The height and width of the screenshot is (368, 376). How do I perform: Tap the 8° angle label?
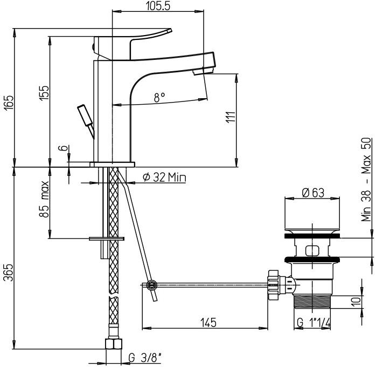tap(159, 97)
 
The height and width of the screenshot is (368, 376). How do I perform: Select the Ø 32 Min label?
tap(164, 177)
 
